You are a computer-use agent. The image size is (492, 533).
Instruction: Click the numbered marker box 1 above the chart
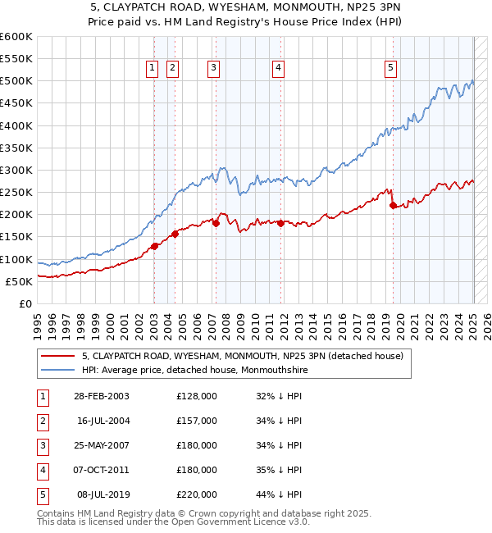[153, 69]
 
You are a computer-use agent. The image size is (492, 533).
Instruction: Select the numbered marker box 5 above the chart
[390, 69]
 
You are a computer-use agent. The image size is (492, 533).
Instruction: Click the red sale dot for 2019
[393, 206]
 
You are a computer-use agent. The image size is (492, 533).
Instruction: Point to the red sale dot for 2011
[280, 223]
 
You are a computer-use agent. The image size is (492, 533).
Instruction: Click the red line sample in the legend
[57, 357]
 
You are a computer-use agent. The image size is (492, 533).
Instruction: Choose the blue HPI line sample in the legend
[57, 370]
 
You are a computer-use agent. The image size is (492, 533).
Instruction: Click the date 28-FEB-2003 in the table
[101, 396]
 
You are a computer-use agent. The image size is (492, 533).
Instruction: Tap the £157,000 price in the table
[197, 421]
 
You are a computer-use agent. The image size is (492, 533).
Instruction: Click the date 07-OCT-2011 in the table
[101, 470]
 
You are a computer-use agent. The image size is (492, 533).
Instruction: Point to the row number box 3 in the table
[41, 445]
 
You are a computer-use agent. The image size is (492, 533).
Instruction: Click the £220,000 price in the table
[197, 494]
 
